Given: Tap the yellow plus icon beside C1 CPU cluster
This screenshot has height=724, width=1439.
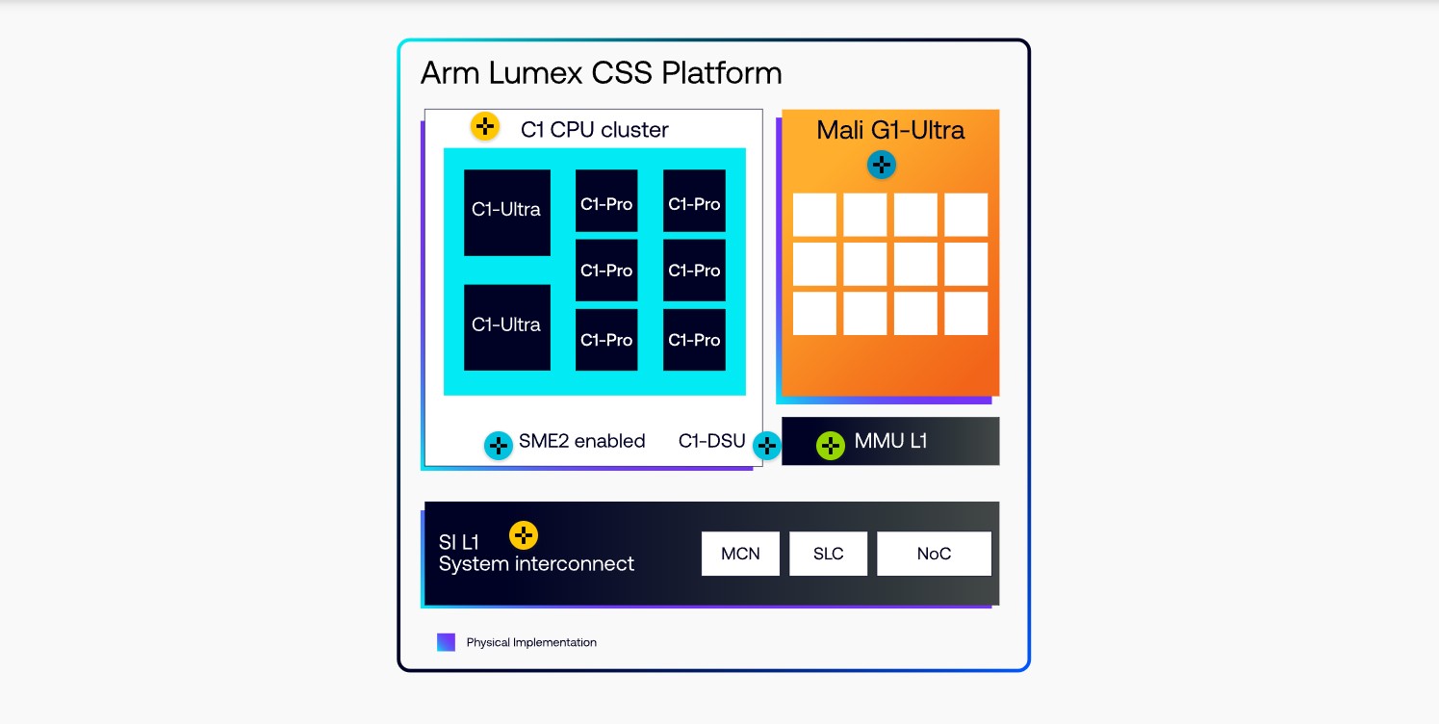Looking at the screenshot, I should point(485,126).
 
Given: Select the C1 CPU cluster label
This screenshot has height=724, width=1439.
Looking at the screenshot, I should point(594,129).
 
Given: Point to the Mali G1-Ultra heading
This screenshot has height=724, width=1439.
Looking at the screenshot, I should point(890,130).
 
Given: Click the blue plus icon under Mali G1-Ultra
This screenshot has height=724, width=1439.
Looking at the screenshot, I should point(882,165).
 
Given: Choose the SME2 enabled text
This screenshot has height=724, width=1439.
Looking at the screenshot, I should point(581,441).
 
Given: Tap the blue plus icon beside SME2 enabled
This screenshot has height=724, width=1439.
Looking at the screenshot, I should point(499,445).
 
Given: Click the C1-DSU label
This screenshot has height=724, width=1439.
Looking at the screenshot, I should point(711,441).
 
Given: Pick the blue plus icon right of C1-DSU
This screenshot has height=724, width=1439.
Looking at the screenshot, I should point(766,445).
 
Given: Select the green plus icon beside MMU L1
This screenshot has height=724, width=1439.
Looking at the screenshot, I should point(831,445).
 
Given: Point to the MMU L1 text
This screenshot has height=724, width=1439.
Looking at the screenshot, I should point(890,442).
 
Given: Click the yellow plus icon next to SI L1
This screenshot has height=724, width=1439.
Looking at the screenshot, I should point(524,535).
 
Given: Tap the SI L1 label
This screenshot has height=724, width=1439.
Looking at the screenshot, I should point(459,542).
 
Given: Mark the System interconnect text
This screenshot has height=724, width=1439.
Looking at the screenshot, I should point(536,564).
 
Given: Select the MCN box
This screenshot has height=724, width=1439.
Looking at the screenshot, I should point(740,554).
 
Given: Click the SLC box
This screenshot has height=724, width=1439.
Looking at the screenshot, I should point(828,554).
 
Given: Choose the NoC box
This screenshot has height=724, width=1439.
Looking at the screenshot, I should point(934,554).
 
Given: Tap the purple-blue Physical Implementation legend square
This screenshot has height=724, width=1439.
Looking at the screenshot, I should point(446,642).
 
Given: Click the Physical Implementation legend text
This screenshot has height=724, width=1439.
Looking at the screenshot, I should point(531,642).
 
